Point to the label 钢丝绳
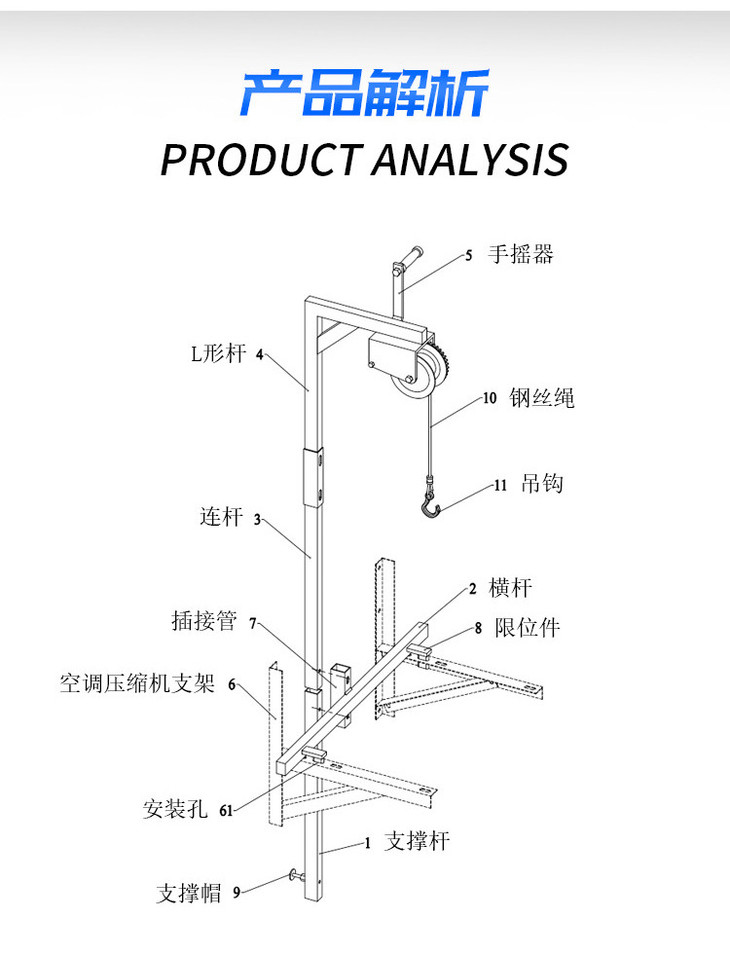(542, 398)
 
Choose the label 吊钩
(543, 485)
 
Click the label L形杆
(218, 353)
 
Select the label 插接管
(204, 622)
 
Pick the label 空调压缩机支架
(136, 685)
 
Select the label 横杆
(510, 588)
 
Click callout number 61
(226, 812)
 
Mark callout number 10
(490, 399)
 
